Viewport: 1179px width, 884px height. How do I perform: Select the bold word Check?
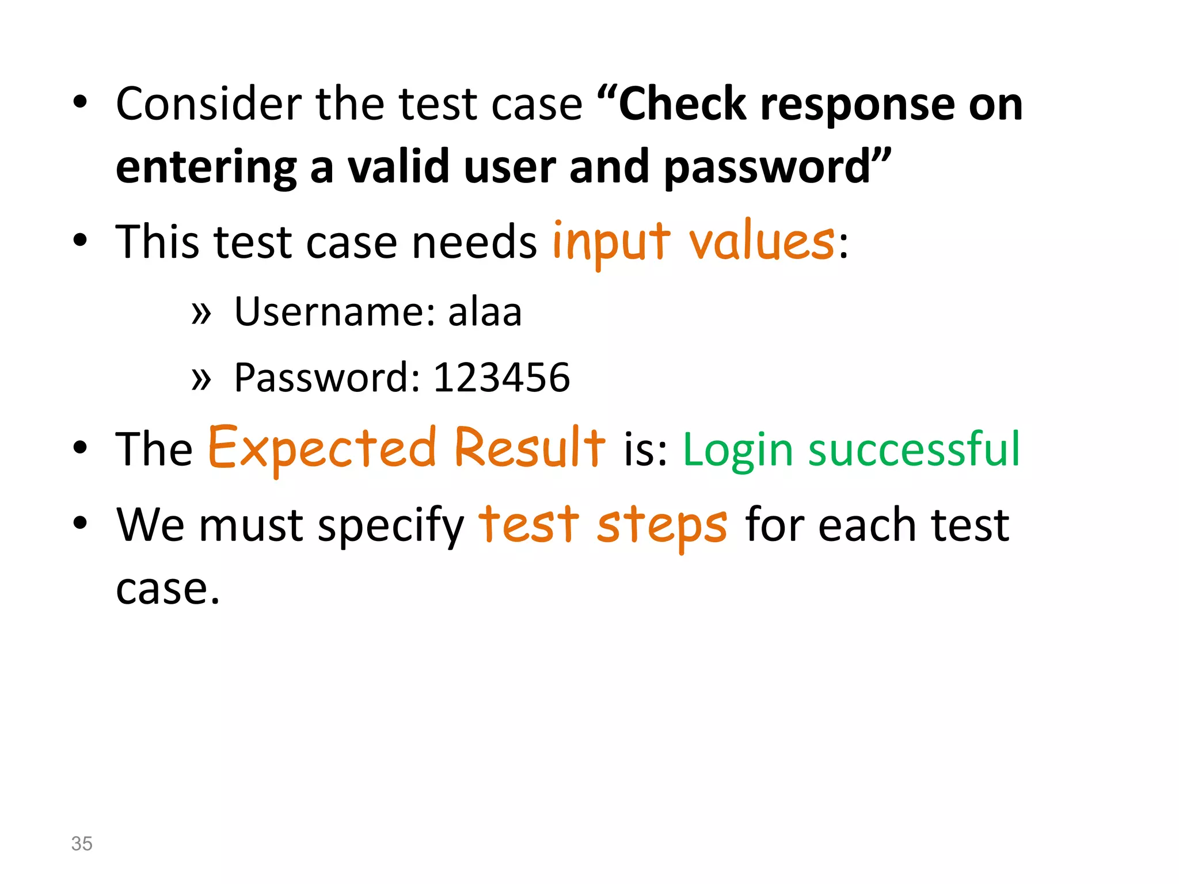(682, 104)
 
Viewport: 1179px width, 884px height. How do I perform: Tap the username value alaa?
(485, 312)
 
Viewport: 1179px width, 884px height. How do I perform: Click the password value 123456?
(501, 378)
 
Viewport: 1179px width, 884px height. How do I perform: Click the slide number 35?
(82, 843)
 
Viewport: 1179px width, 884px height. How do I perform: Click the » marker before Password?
(201, 379)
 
